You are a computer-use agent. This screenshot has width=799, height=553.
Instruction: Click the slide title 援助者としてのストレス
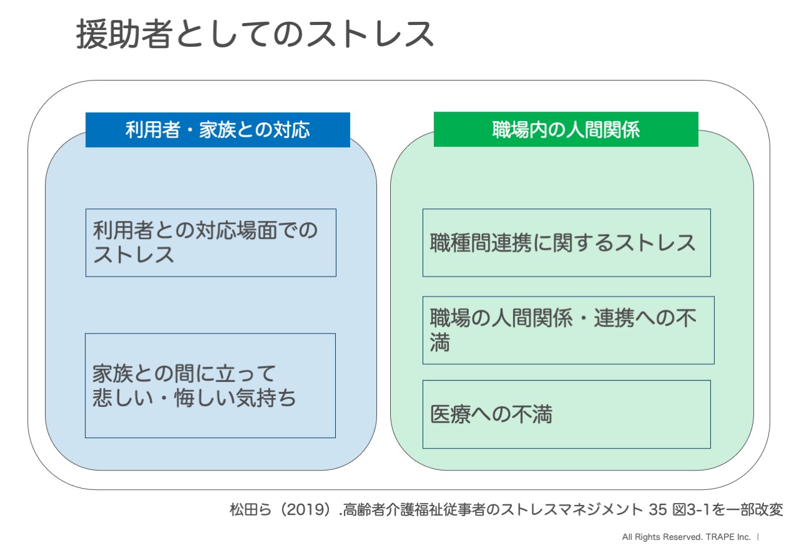pos(255,34)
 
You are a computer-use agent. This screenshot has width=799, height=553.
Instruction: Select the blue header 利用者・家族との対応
pos(218,129)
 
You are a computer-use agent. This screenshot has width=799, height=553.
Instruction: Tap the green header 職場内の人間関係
pos(566,129)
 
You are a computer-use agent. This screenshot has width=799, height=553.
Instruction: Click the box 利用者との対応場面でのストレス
pos(211,243)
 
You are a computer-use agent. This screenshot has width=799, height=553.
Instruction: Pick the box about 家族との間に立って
pos(210,386)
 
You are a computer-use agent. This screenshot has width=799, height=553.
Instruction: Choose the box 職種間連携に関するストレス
pos(566,243)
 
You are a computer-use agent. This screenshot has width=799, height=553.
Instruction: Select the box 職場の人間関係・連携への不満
pos(568,330)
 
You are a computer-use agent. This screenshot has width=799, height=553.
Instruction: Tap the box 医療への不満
pos(566,414)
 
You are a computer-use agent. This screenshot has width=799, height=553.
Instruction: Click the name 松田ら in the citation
pos(250,509)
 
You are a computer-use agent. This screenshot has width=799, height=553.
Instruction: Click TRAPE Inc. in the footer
pos(728,537)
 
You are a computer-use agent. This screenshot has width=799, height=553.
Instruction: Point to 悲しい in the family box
pos(123,398)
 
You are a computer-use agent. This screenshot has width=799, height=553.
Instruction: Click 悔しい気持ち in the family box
pos(235,398)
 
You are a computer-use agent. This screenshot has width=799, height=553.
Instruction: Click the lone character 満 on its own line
pos(440,342)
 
